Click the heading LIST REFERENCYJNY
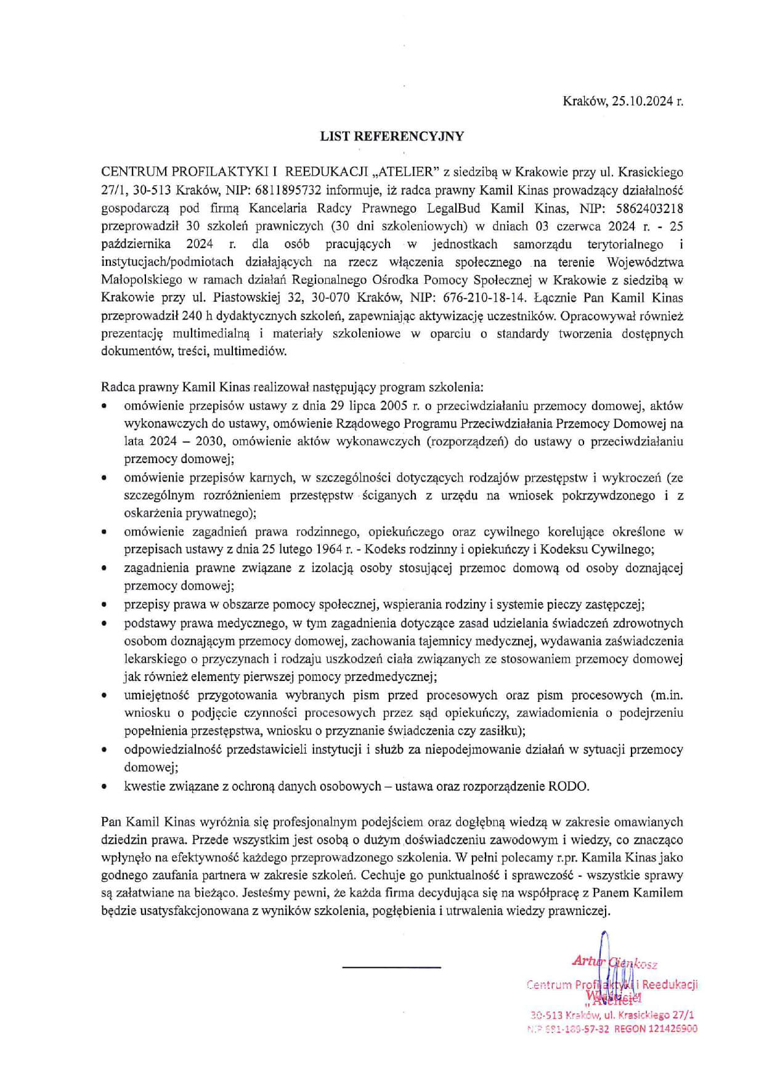tap(392, 137)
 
